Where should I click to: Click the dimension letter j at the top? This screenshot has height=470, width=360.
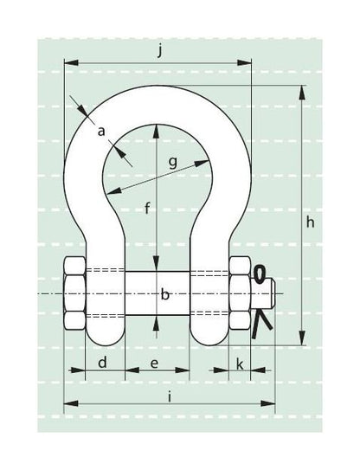[x=160, y=51]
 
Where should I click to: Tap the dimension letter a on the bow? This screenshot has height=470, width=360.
[x=101, y=131]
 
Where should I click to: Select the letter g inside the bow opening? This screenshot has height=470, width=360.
[x=173, y=163]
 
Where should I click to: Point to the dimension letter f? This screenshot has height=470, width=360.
[x=147, y=208]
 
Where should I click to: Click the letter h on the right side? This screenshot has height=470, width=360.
[x=311, y=222]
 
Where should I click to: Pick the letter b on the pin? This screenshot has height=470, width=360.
[x=165, y=294]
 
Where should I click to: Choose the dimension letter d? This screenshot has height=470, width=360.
[x=102, y=362]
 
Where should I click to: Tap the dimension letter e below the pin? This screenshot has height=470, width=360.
[x=154, y=364]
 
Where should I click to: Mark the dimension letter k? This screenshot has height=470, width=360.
[x=240, y=364]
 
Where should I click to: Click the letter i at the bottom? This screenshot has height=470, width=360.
[x=170, y=397]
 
